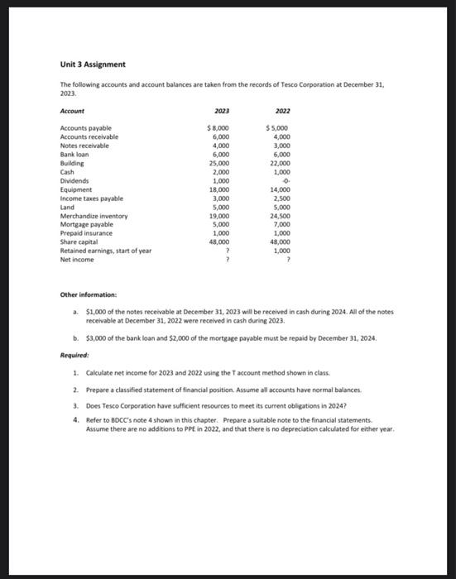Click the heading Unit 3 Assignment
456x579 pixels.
tap(93, 65)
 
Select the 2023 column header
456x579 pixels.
tap(221, 111)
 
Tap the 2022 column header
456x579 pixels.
tap(283, 111)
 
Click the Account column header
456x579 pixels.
tap(72, 111)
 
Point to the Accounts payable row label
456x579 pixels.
tap(85, 128)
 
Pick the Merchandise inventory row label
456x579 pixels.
tap(94, 216)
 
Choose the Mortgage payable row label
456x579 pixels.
tap(86, 224)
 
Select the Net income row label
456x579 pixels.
tap(77, 260)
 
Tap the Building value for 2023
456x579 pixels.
tap(220, 164)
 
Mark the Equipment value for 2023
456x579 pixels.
tap(220, 189)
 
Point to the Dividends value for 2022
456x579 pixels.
tap(284, 181)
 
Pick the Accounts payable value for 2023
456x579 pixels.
tap(218, 128)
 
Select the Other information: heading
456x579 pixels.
tap(89, 294)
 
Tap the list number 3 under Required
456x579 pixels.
tap(75, 405)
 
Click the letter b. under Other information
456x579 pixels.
tap(77, 339)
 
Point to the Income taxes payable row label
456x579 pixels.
tap(92, 199)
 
